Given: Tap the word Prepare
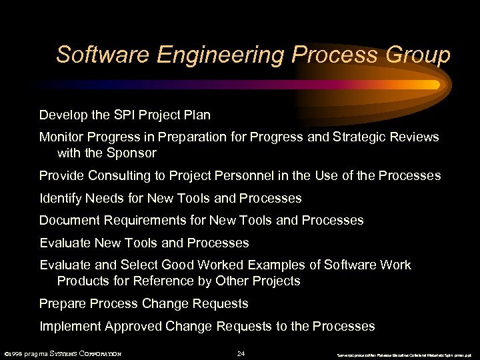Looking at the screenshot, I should coord(62,304).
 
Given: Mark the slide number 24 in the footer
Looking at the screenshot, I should coord(241,353).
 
